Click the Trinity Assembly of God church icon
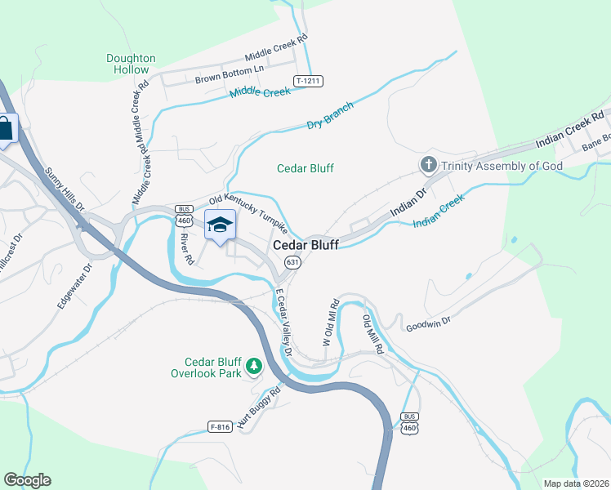coord(428,166)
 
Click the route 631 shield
coord(292,262)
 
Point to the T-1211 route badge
coord(309,81)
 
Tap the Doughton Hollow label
coord(131,64)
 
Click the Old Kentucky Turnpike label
coord(248,211)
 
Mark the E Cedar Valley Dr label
coord(283,322)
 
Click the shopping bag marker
coord(6,129)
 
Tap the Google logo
coord(27,480)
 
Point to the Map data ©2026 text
coord(575,483)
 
